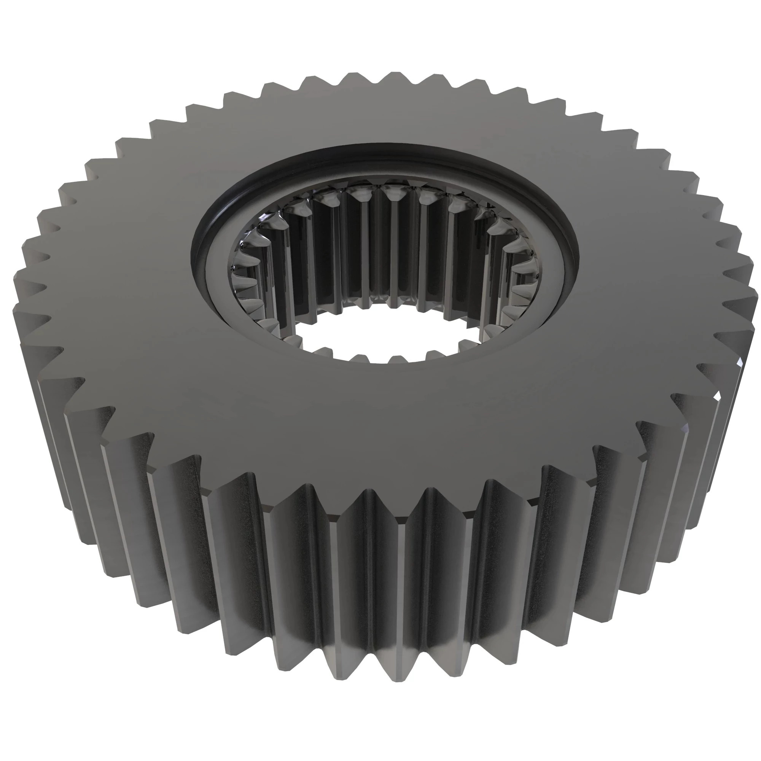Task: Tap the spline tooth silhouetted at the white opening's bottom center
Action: tap(398, 358)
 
